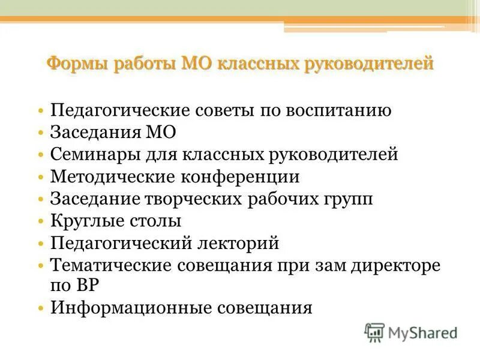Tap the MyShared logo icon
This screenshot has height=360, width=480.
coord(374,332)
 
